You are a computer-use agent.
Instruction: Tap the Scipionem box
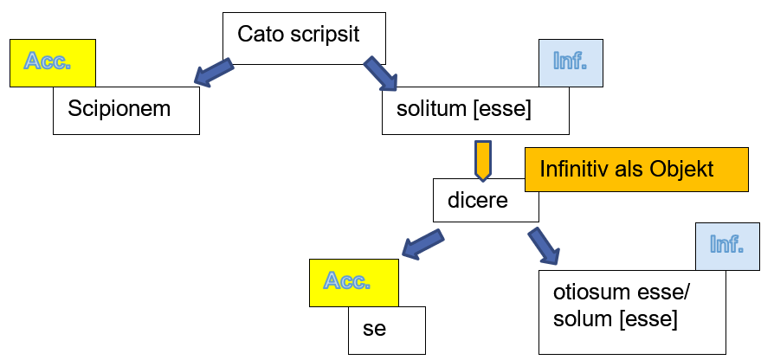click(x=126, y=111)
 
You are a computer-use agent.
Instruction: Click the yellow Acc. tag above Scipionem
click(x=51, y=61)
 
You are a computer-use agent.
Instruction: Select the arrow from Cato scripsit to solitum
click(x=380, y=73)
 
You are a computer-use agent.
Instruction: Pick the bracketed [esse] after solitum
click(x=501, y=111)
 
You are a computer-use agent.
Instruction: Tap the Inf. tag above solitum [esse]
click(x=571, y=61)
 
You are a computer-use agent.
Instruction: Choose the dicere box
click(x=485, y=200)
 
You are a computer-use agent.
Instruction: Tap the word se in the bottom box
click(x=373, y=330)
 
